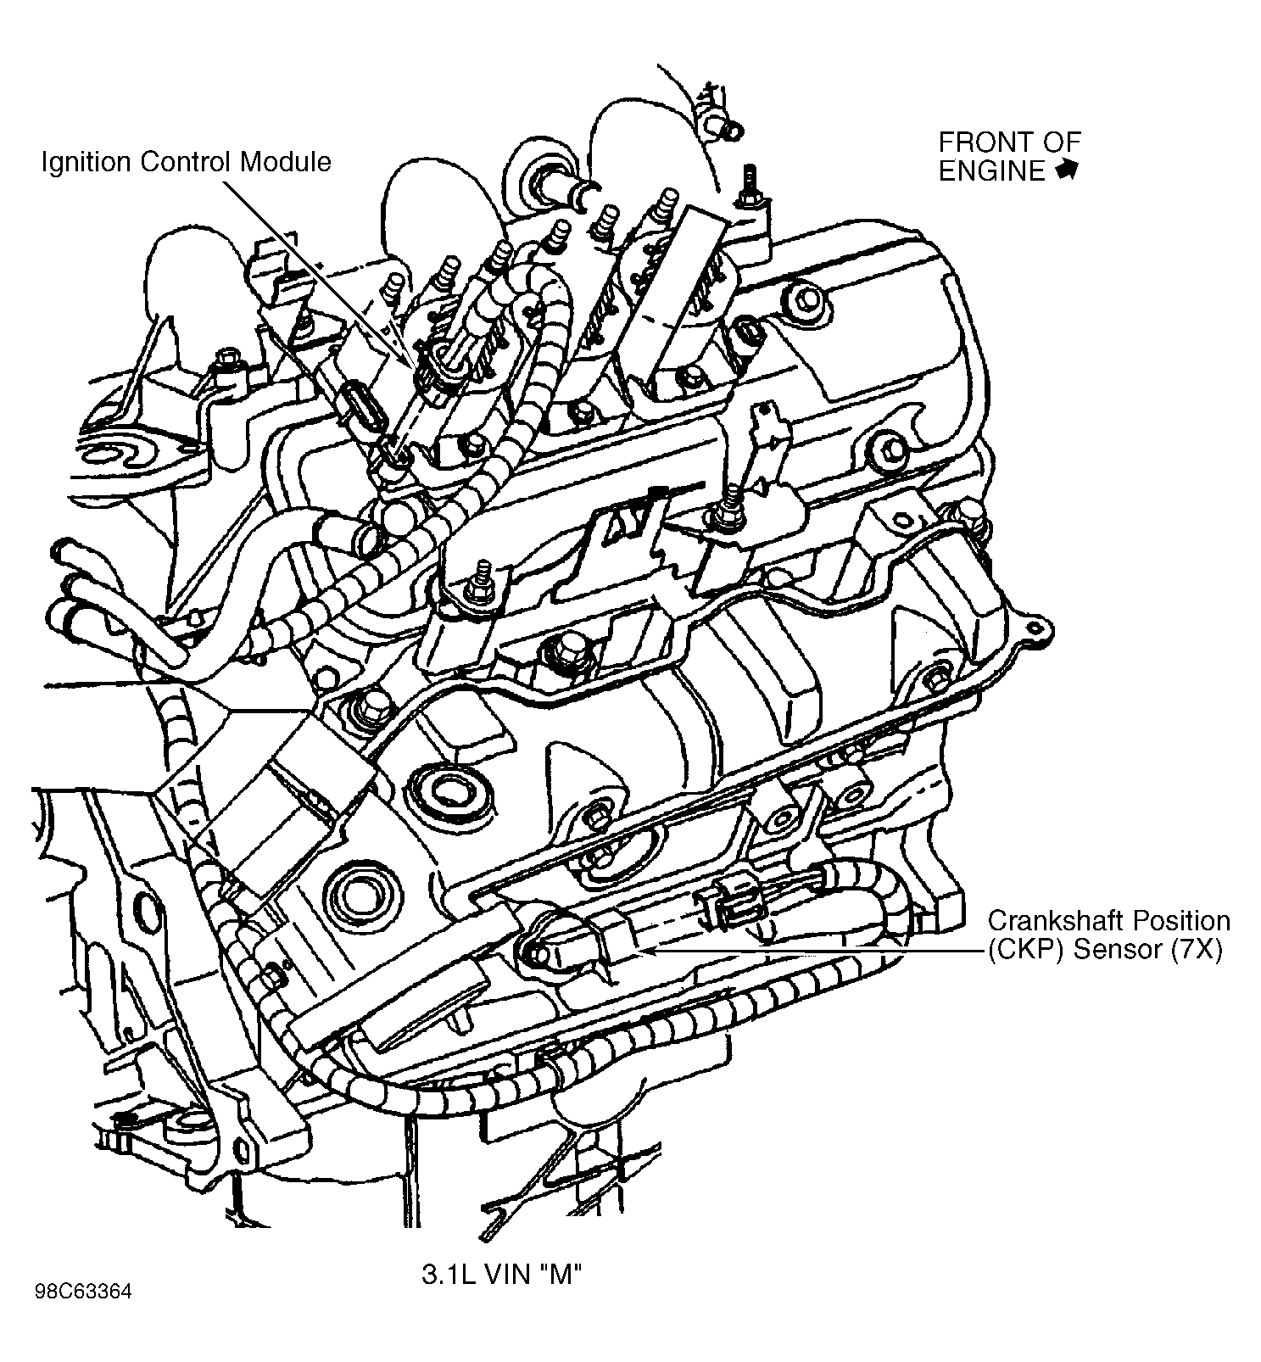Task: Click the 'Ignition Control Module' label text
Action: coord(186,161)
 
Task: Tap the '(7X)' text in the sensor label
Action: coord(1197,949)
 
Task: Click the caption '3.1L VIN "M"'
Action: coord(501,1274)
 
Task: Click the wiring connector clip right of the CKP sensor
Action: coord(728,902)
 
